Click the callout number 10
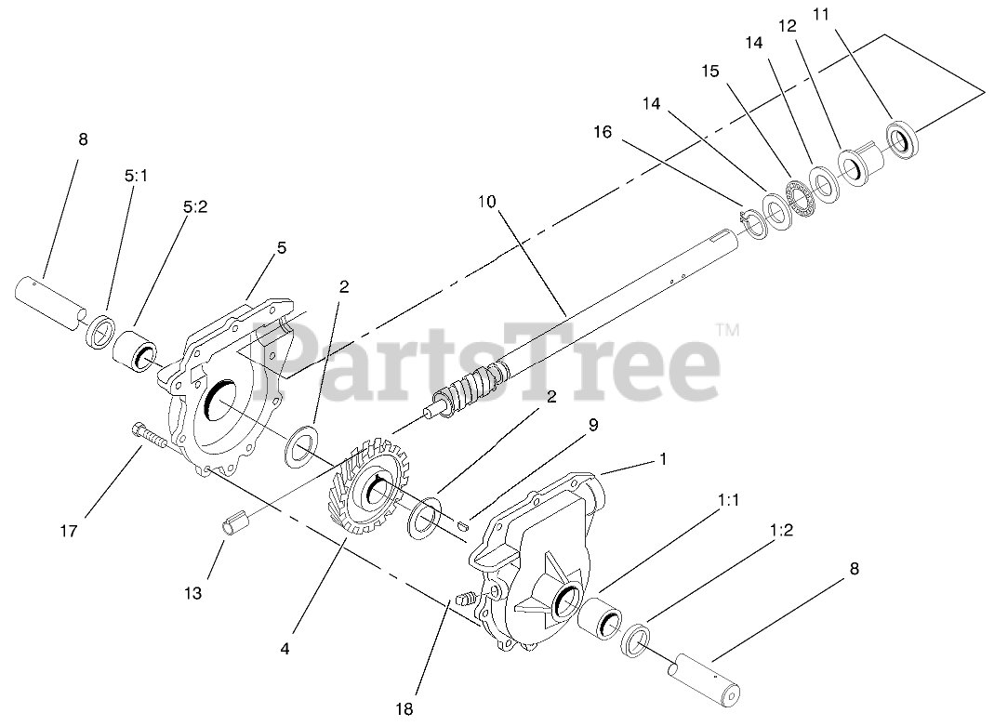(x=489, y=201)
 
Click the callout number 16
(x=602, y=132)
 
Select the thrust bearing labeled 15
(x=795, y=193)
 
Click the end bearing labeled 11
(x=900, y=139)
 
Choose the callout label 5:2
(x=195, y=209)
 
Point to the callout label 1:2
(x=781, y=530)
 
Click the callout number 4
(x=285, y=648)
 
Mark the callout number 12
(x=788, y=26)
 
